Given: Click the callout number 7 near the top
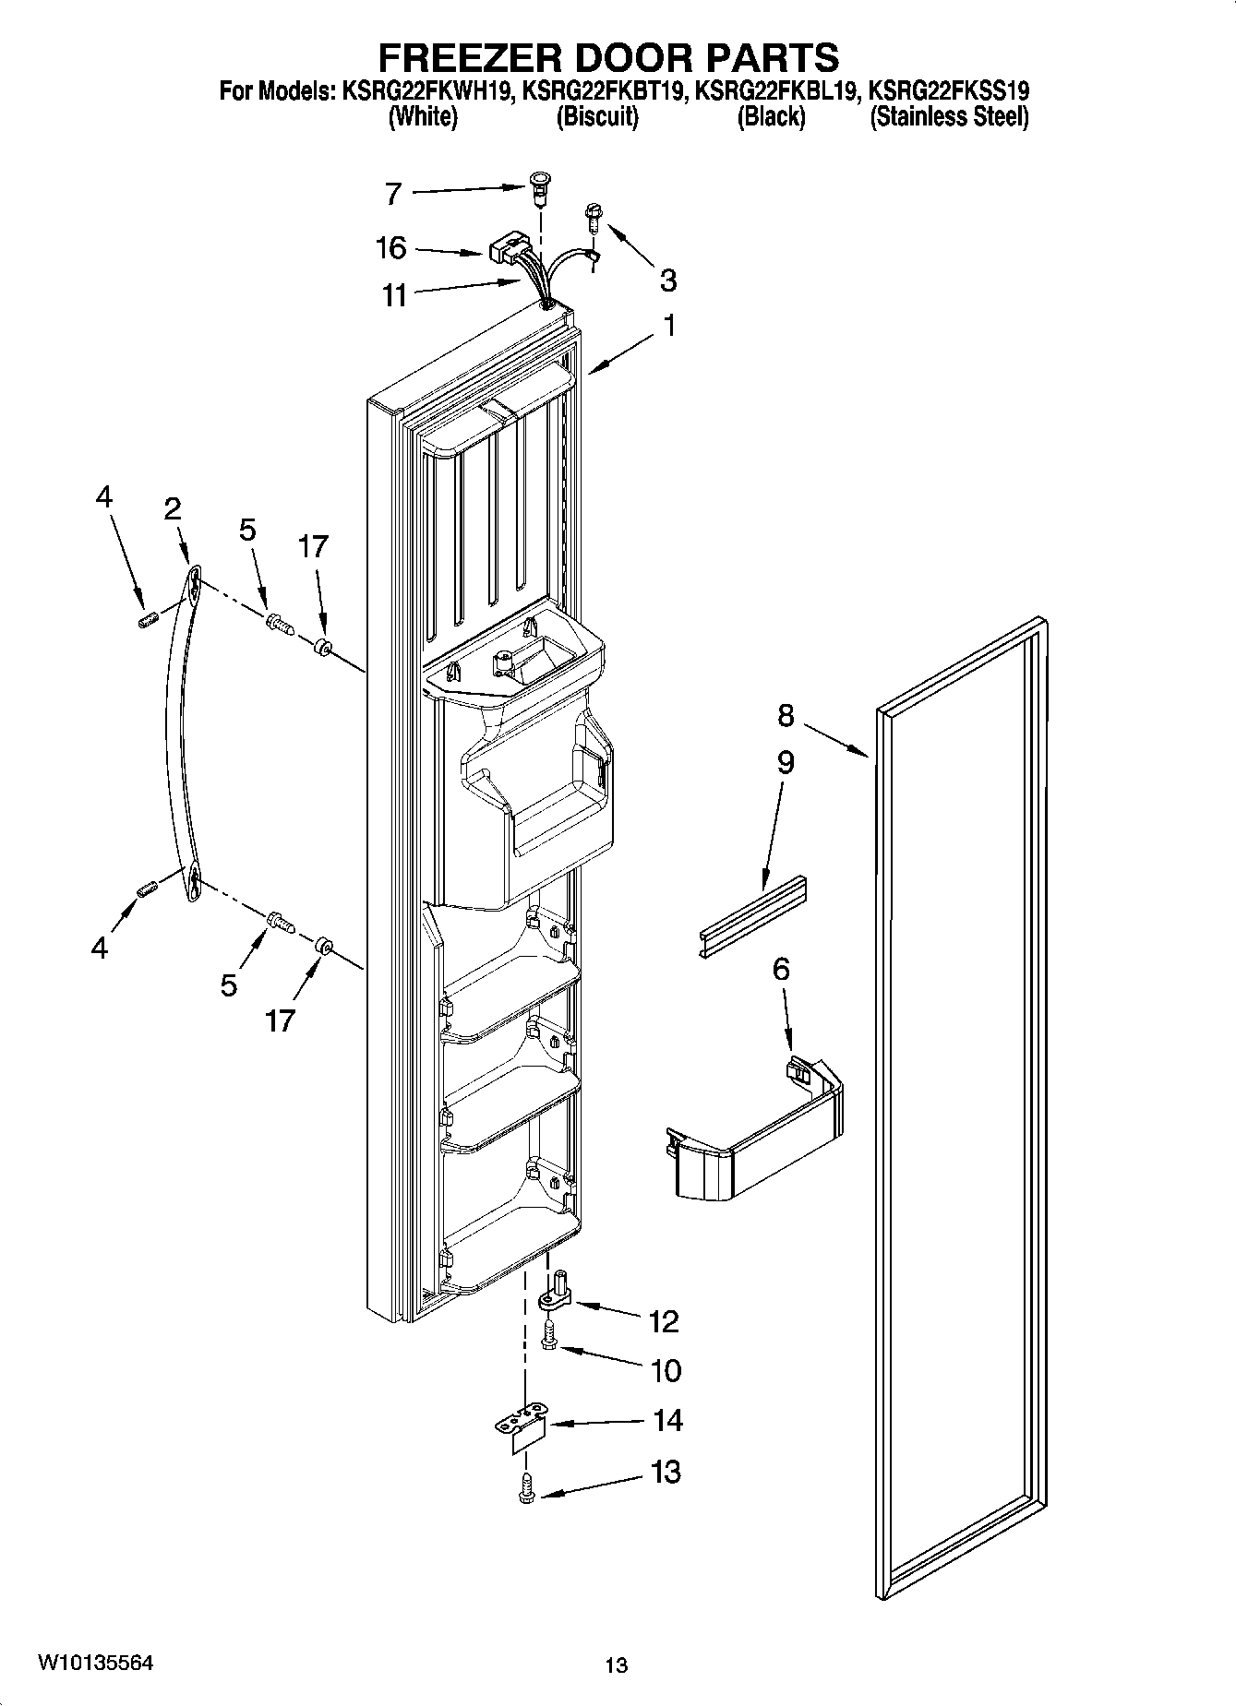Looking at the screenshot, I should (393, 194).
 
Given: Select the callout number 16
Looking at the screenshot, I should (391, 247).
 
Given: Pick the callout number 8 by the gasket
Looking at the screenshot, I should (785, 715).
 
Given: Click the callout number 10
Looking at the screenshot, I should (666, 1370).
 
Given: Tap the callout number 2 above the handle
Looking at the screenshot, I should (172, 509).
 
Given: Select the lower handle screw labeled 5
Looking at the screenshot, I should (280, 921).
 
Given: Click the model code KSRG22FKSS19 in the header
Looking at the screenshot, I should (949, 90).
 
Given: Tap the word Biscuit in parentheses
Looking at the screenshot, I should (596, 117).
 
